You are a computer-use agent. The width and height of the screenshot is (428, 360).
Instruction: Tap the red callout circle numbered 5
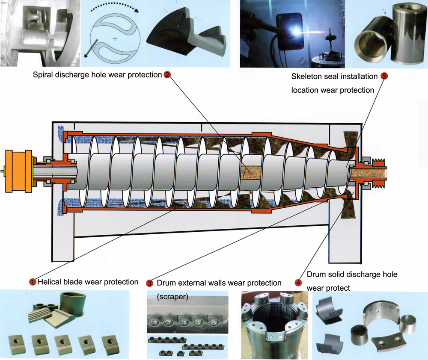[x=384, y=77]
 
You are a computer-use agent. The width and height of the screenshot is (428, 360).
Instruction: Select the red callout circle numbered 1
[x=33, y=282]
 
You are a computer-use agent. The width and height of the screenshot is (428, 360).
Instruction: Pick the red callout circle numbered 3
[x=149, y=283]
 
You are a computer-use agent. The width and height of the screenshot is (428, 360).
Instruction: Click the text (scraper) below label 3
[x=172, y=296]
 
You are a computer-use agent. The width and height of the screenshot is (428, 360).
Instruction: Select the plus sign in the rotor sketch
[x=115, y=39]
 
